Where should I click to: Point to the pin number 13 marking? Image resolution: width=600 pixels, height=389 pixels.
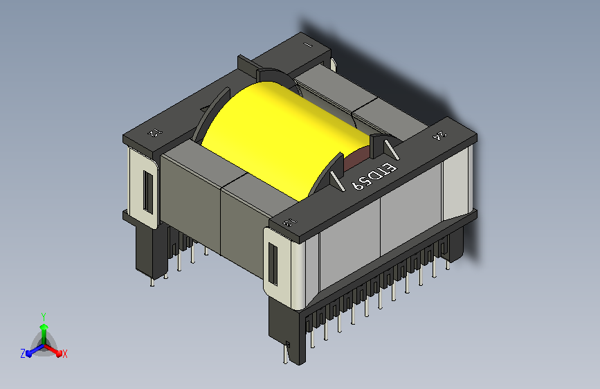coord(291,222)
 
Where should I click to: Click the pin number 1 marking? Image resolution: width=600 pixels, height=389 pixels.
coord(308,45)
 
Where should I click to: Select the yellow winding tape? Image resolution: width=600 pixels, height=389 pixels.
coord(277,138)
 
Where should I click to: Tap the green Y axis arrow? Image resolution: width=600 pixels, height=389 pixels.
coord(44,325)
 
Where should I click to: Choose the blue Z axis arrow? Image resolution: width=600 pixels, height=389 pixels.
coord(31,351)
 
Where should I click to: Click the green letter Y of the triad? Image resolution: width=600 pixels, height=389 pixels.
coord(44,314)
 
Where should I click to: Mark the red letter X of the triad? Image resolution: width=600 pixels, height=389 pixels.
coord(64,354)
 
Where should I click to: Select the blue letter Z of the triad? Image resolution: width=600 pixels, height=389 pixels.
coord(23,354)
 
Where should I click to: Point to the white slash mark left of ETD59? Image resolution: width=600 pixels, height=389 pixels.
coord(337,181)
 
